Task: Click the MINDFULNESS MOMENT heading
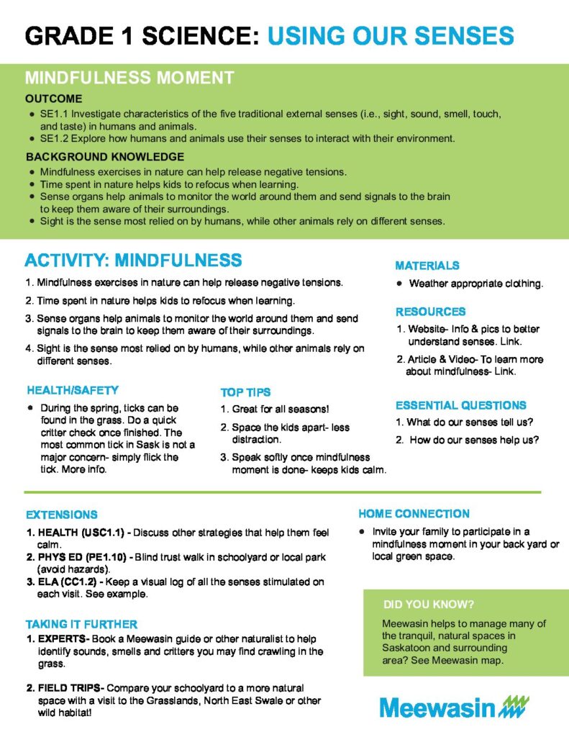129,78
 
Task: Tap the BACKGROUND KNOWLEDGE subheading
105,157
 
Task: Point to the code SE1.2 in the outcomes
54,137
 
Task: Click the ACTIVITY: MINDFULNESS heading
133,260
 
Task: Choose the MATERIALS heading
427,266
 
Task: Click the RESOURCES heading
430,312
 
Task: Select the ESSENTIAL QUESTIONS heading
461,405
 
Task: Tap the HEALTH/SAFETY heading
73,390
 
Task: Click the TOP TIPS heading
245,392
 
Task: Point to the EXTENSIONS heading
62,515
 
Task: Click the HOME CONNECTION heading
414,514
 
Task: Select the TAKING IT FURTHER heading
82,624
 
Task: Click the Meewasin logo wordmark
437,707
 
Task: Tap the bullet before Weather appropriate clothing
399,284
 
